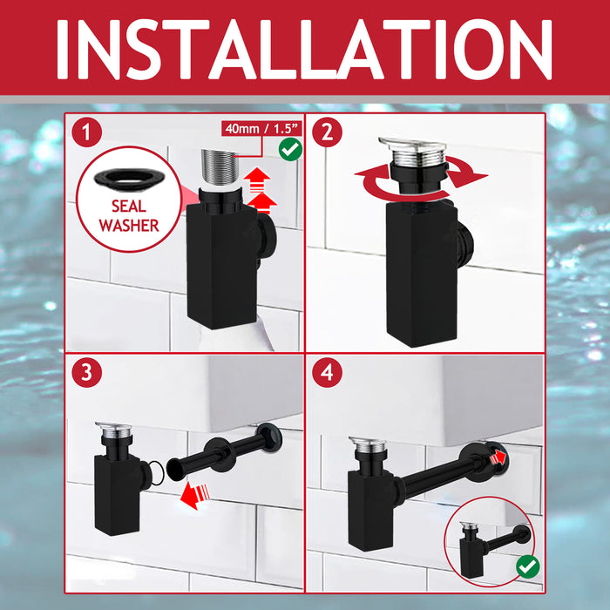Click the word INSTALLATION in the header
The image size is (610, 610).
coord(305,50)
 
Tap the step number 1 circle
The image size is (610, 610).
coord(87,132)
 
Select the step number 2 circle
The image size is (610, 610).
coord(327,132)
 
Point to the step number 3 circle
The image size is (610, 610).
coord(87,372)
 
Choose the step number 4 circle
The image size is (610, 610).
coord(327,372)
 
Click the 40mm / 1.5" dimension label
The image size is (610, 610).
coord(261,128)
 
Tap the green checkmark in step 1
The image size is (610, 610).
coord(290,149)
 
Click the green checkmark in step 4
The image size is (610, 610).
coord(528,566)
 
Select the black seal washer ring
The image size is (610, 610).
coord(129,180)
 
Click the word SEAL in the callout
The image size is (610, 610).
coord(129,206)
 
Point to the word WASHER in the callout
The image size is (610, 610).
coord(129,225)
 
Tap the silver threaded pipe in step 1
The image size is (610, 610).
coord(220,167)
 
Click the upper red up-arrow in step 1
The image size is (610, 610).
coord(257,180)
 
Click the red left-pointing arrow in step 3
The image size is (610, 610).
coord(195,495)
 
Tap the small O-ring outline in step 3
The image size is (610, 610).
coord(156,473)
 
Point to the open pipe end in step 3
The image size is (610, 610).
coord(175,469)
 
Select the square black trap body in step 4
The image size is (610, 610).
coord(371,511)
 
